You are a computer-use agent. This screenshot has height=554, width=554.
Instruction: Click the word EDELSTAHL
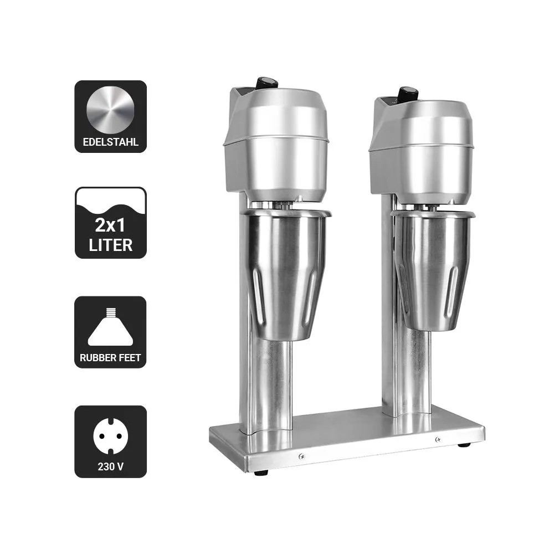point(110,142)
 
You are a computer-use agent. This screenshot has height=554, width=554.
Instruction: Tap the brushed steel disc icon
point(110,110)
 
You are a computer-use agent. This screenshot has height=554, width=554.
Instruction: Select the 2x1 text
point(110,225)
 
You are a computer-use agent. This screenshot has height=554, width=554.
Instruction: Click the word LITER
point(110,245)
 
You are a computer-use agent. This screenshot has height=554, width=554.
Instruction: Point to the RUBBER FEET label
point(110,357)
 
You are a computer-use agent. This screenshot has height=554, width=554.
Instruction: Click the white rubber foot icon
point(111,327)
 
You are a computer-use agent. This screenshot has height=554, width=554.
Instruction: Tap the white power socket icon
point(111,436)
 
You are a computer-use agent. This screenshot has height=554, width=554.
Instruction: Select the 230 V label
point(111,466)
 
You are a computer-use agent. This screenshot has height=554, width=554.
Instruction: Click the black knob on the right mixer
point(408,93)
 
